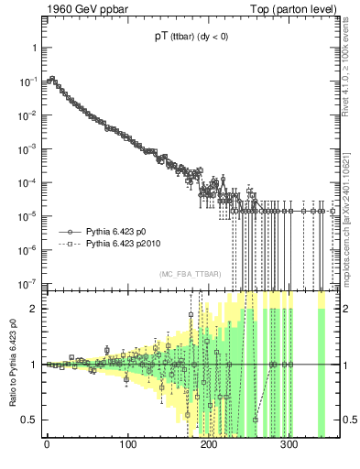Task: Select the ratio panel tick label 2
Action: point(34,308)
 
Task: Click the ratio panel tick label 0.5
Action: point(30,420)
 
